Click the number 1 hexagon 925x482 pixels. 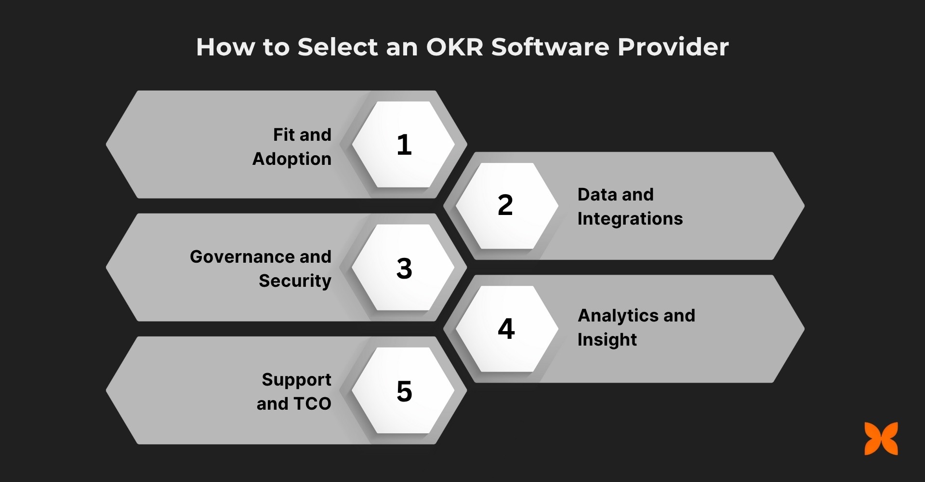404,144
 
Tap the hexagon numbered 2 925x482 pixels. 506,205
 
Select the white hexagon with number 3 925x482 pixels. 404,268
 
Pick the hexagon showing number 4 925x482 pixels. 506,329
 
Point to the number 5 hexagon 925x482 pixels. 404,390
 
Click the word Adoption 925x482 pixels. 292,159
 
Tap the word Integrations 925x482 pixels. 630,219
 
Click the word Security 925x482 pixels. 295,281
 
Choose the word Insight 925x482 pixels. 607,340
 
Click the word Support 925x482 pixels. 296,380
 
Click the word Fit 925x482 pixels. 284,134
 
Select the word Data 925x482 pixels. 597,194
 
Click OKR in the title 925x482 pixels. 454,47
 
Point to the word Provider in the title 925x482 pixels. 673,47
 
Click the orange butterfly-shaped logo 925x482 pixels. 881,439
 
